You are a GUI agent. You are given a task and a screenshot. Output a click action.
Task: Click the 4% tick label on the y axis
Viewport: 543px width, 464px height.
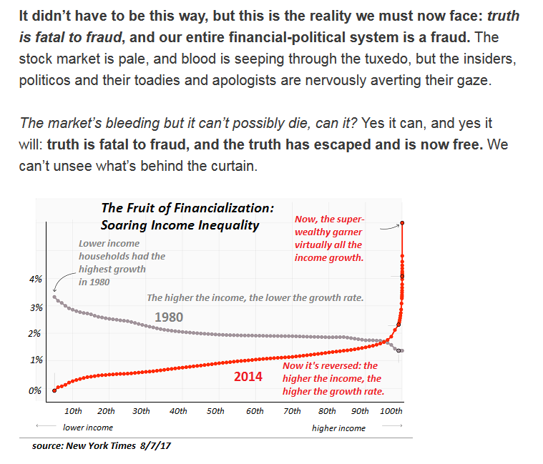(35, 279)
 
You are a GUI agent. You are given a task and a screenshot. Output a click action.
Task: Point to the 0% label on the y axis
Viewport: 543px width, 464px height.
(35, 390)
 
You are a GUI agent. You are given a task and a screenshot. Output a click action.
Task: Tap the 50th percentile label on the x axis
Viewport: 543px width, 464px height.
(215, 411)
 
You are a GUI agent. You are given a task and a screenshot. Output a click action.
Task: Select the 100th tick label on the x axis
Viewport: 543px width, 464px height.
(391, 411)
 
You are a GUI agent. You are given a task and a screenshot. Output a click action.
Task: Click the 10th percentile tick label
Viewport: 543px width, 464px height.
(73, 411)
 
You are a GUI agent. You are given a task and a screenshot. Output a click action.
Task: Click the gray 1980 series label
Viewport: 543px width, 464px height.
(169, 317)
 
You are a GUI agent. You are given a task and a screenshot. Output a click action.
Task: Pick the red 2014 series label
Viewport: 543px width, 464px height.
(248, 376)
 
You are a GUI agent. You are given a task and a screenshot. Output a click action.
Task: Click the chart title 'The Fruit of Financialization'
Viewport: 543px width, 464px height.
(187, 208)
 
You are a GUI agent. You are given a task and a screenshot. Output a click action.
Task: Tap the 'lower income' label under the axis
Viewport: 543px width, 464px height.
(88, 428)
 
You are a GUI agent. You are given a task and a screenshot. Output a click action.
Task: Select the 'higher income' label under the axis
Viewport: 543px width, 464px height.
(338, 428)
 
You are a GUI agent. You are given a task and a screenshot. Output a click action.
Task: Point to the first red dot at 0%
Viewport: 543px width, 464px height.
(54, 390)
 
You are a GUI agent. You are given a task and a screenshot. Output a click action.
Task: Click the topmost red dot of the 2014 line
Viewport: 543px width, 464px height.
(402, 223)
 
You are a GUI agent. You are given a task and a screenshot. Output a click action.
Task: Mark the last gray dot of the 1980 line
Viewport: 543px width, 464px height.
(402, 350)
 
